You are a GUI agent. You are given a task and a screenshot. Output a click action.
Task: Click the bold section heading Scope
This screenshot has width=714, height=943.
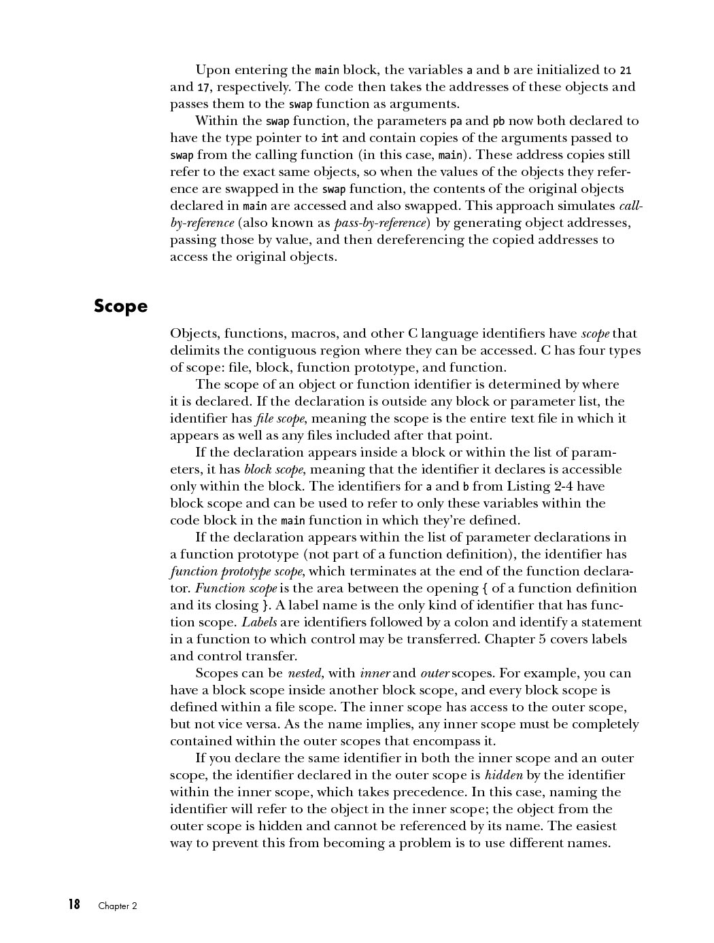coord(120,306)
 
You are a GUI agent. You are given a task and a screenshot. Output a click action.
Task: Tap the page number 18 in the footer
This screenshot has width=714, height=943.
coord(73,904)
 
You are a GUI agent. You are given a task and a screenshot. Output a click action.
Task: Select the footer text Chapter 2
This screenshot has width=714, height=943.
coord(118,906)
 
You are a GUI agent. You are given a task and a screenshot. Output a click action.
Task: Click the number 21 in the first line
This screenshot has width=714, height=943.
coord(626,70)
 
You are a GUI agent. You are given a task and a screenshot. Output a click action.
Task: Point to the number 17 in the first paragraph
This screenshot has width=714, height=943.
coord(203,87)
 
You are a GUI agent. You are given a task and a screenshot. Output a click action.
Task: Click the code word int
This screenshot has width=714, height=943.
coord(330,138)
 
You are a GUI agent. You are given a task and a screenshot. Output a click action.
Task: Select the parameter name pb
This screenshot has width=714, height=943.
coord(498,122)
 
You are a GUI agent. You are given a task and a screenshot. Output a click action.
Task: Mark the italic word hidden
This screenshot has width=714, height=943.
coord(504,775)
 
